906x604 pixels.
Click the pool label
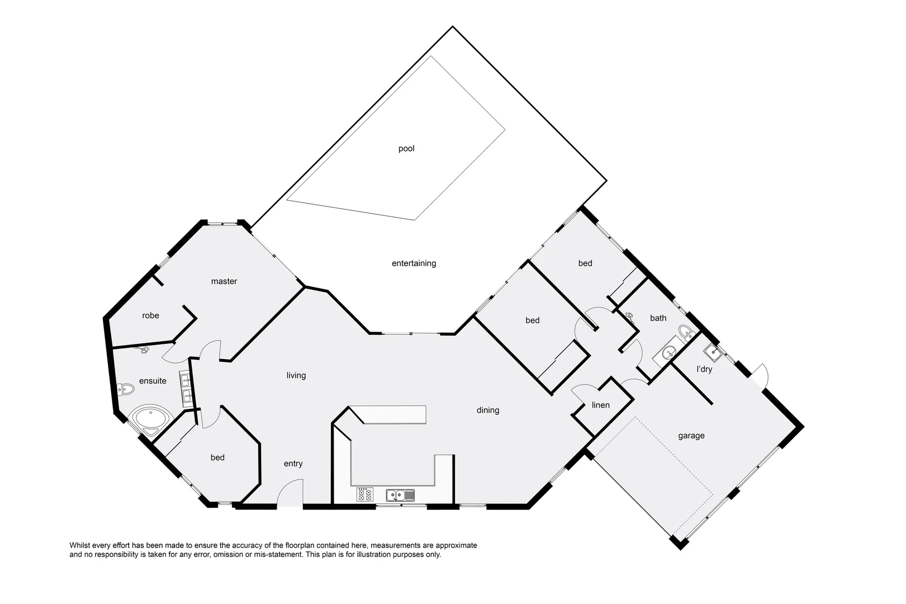click(x=406, y=149)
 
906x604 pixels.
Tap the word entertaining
click(x=414, y=263)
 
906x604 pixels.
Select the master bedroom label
click(x=224, y=281)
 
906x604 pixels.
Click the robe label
click(x=150, y=315)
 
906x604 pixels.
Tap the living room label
click(x=296, y=375)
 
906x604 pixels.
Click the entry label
click(x=293, y=464)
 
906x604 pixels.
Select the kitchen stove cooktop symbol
click(x=365, y=495)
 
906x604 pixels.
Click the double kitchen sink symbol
click(x=400, y=495)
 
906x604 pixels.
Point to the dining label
click(x=487, y=410)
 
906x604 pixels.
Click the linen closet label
click(x=601, y=405)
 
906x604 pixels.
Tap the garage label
click(x=691, y=436)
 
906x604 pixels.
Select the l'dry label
click(x=704, y=369)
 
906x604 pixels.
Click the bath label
click(x=658, y=318)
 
